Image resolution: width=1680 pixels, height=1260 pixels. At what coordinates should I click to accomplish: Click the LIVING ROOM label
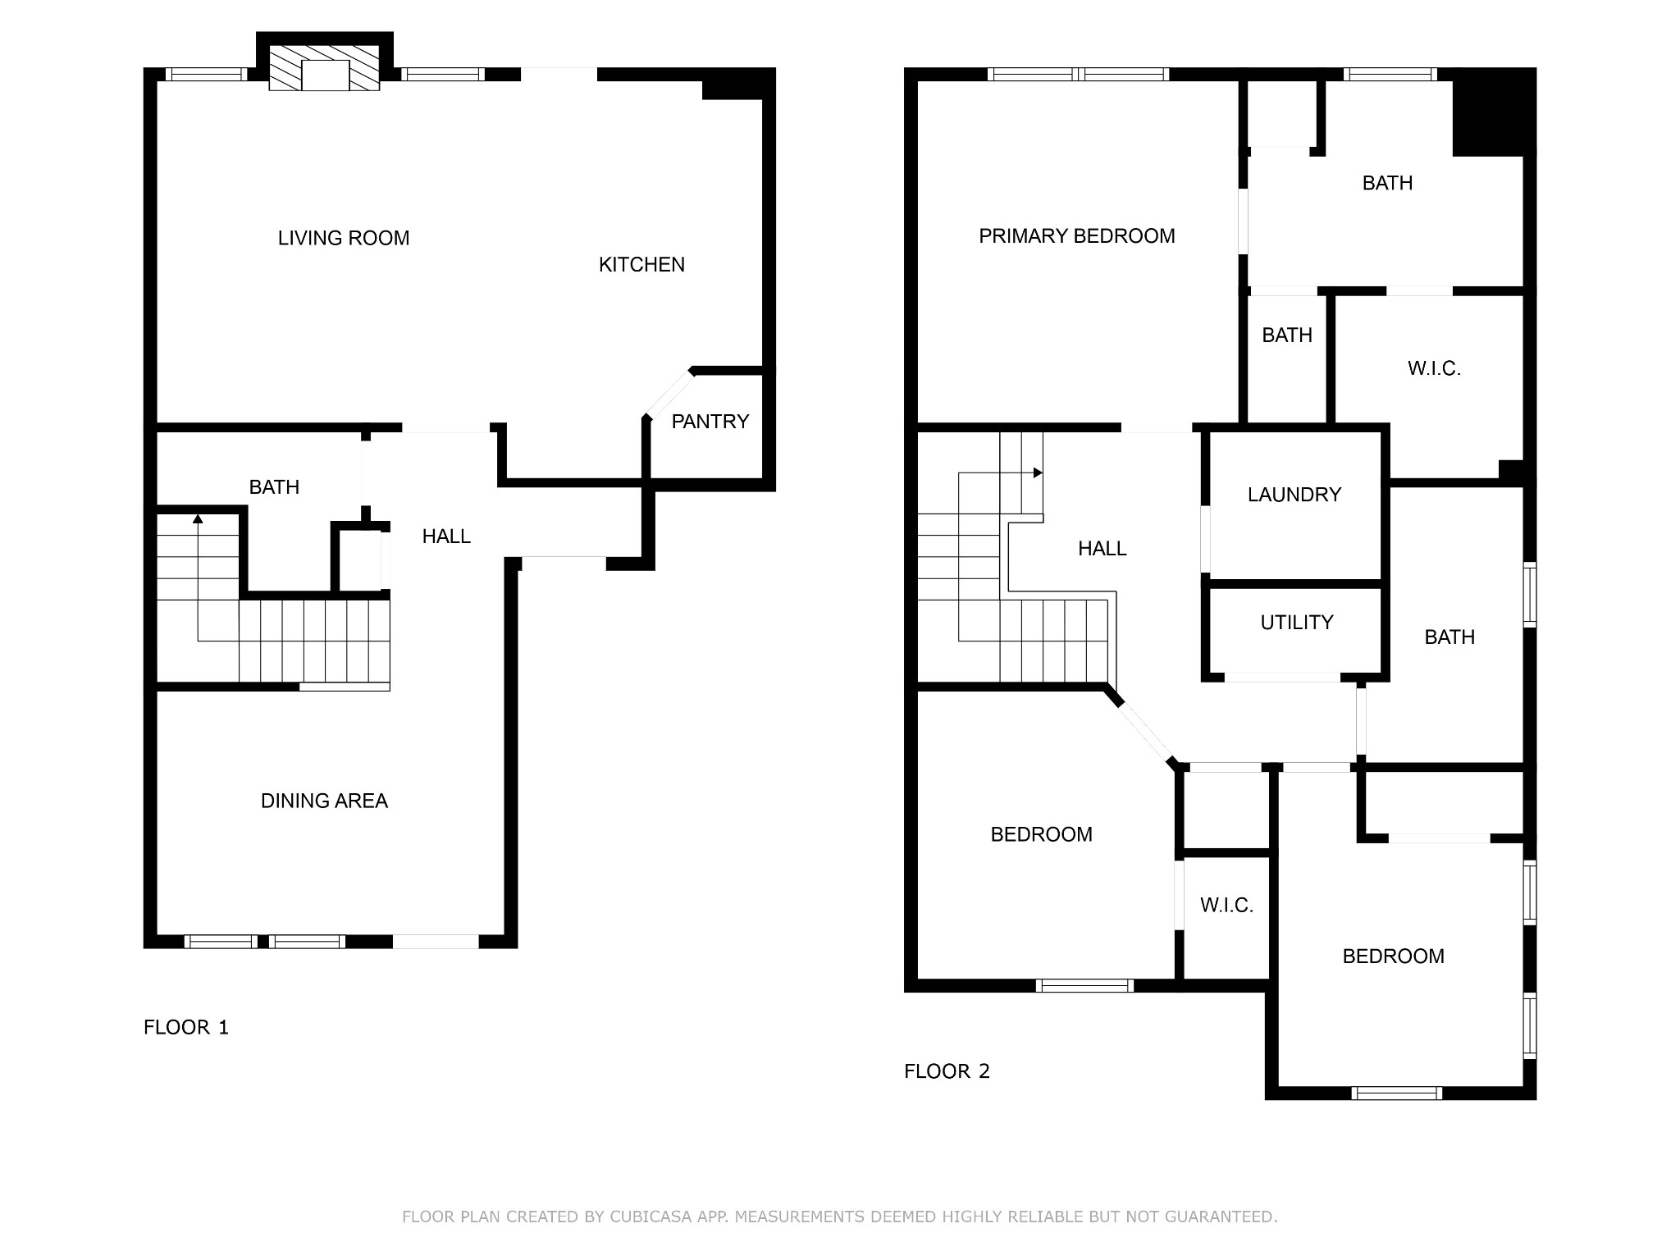pyautogui.click(x=344, y=238)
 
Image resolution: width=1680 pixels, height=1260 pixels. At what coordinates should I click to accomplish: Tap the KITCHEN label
pyautogui.click(x=641, y=264)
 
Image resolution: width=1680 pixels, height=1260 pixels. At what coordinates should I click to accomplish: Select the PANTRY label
pyautogui.click(x=710, y=422)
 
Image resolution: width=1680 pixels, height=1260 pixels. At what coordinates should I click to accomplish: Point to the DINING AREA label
pyautogui.click(x=324, y=801)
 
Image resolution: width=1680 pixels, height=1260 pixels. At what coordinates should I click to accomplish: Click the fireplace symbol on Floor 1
pyautogui.click(x=325, y=67)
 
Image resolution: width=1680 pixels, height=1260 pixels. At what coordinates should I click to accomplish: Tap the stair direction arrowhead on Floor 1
pyautogui.click(x=198, y=518)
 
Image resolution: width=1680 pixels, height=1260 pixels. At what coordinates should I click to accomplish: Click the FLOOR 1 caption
pyautogui.click(x=186, y=1027)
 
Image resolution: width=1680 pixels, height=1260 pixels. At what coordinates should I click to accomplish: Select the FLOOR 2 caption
pyautogui.click(x=947, y=1071)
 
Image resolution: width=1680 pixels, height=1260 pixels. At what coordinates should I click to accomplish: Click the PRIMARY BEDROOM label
pyautogui.click(x=1077, y=236)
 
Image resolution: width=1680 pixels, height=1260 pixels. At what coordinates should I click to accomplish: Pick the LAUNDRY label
pyautogui.click(x=1294, y=495)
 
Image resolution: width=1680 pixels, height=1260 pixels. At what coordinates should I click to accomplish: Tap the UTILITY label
pyautogui.click(x=1297, y=623)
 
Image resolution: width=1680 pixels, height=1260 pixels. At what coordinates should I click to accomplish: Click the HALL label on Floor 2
pyautogui.click(x=1102, y=548)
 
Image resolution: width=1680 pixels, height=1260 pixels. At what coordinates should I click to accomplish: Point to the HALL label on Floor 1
pyautogui.click(x=446, y=536)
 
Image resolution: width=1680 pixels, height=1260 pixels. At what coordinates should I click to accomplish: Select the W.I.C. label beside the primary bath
pyautogui.click(x=1435, y=368)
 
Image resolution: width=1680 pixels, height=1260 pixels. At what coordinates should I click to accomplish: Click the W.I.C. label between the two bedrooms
pyautogui.click(x=1227, y=905)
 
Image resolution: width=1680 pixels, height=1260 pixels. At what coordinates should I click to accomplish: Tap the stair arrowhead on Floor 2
pyautogui.click(x=1038, y=472)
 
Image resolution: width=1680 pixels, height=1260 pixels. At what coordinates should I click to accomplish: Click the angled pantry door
pyautogui.click(x=669, y=395)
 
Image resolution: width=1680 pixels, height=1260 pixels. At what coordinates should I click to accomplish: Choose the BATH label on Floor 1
pyautogui.click(x=274, y=487)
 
